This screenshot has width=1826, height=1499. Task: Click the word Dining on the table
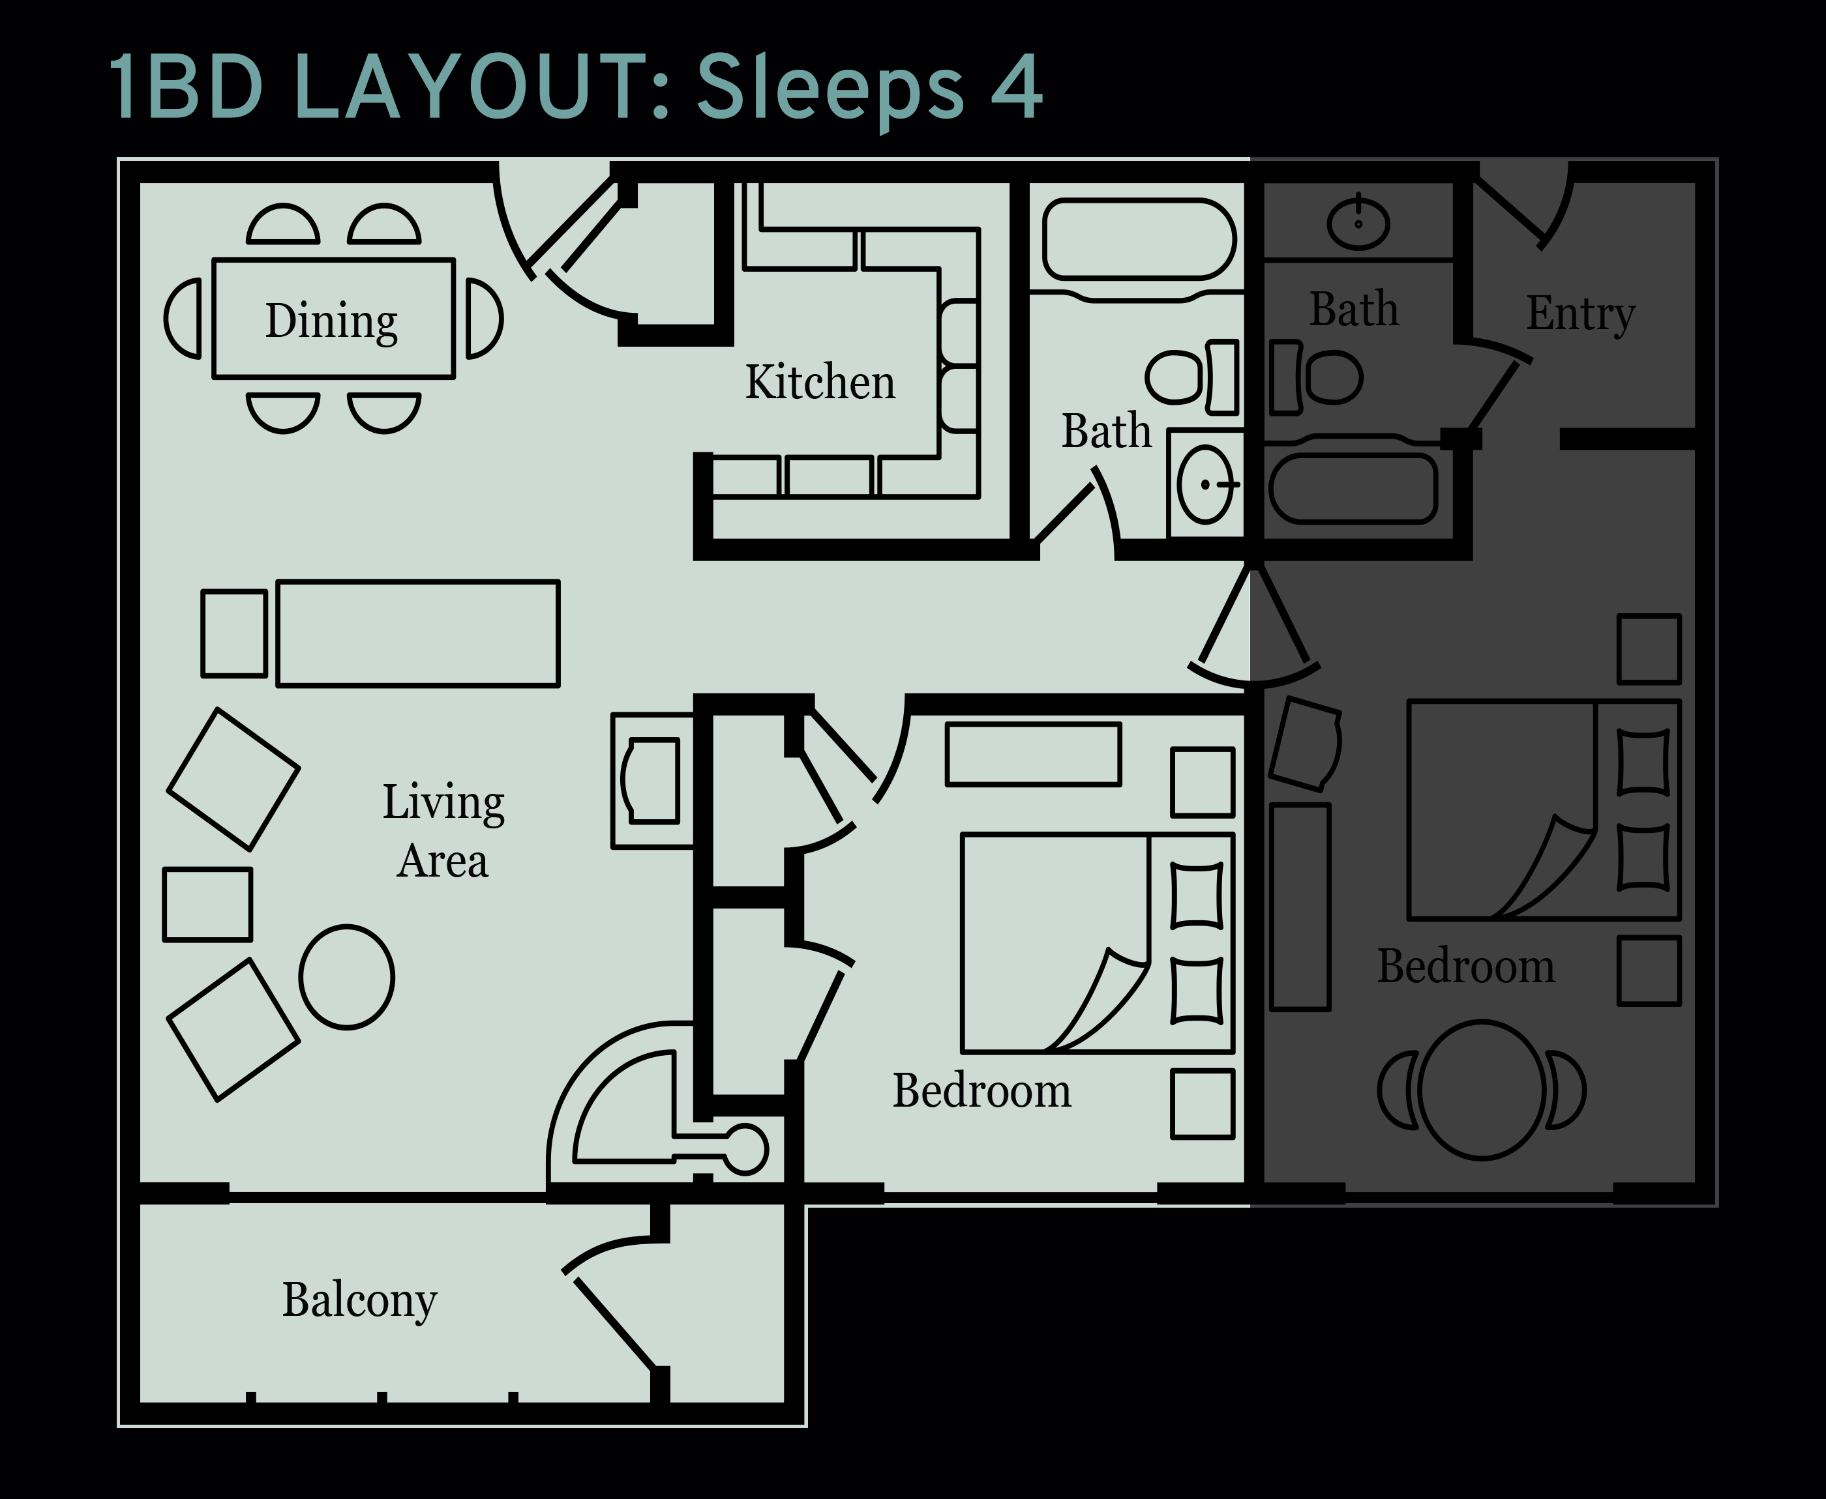point(332,321)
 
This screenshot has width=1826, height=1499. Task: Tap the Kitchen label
point(820,382)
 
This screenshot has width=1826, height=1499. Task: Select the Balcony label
point(359,1300)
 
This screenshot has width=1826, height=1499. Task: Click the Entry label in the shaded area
point(1580,313)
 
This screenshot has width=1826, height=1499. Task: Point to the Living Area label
point(443,831)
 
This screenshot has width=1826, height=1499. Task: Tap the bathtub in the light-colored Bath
point(1139,239)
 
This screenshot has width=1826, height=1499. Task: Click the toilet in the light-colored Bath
point(1192,377)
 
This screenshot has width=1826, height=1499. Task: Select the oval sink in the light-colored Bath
point(1205,484)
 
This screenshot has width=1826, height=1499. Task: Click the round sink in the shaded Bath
point(1358,223)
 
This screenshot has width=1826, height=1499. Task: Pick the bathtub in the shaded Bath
point(1353,488)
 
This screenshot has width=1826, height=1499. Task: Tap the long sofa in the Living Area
point(418,633)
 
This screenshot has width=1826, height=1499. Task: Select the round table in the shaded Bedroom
point(1482,1090)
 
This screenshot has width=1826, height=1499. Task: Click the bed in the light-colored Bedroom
point(1098,944)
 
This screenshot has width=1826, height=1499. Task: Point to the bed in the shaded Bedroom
point(1544,810)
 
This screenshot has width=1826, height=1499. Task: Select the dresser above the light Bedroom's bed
point(1033,755)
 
